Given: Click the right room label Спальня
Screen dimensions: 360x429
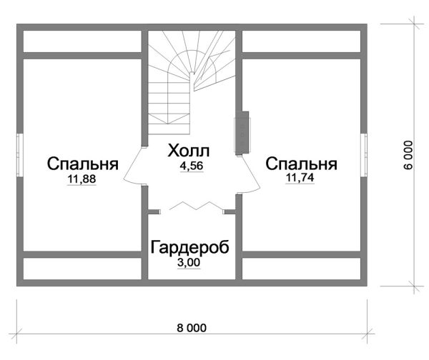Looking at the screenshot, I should [300, 164].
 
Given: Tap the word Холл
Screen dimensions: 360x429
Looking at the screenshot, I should [189, 151].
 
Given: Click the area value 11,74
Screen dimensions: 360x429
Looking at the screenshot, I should [300, 179].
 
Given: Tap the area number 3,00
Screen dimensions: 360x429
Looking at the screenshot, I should [189, 263].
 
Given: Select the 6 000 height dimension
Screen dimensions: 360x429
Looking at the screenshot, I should [408, 154].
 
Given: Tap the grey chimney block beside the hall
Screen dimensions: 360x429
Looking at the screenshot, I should [243, 132].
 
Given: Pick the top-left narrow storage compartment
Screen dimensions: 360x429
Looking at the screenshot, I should [82, 43].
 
